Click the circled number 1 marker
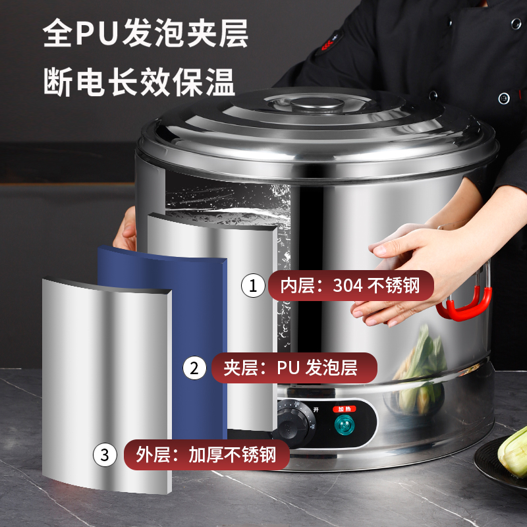251,286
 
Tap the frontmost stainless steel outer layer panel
105,382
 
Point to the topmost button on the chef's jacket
515,24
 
